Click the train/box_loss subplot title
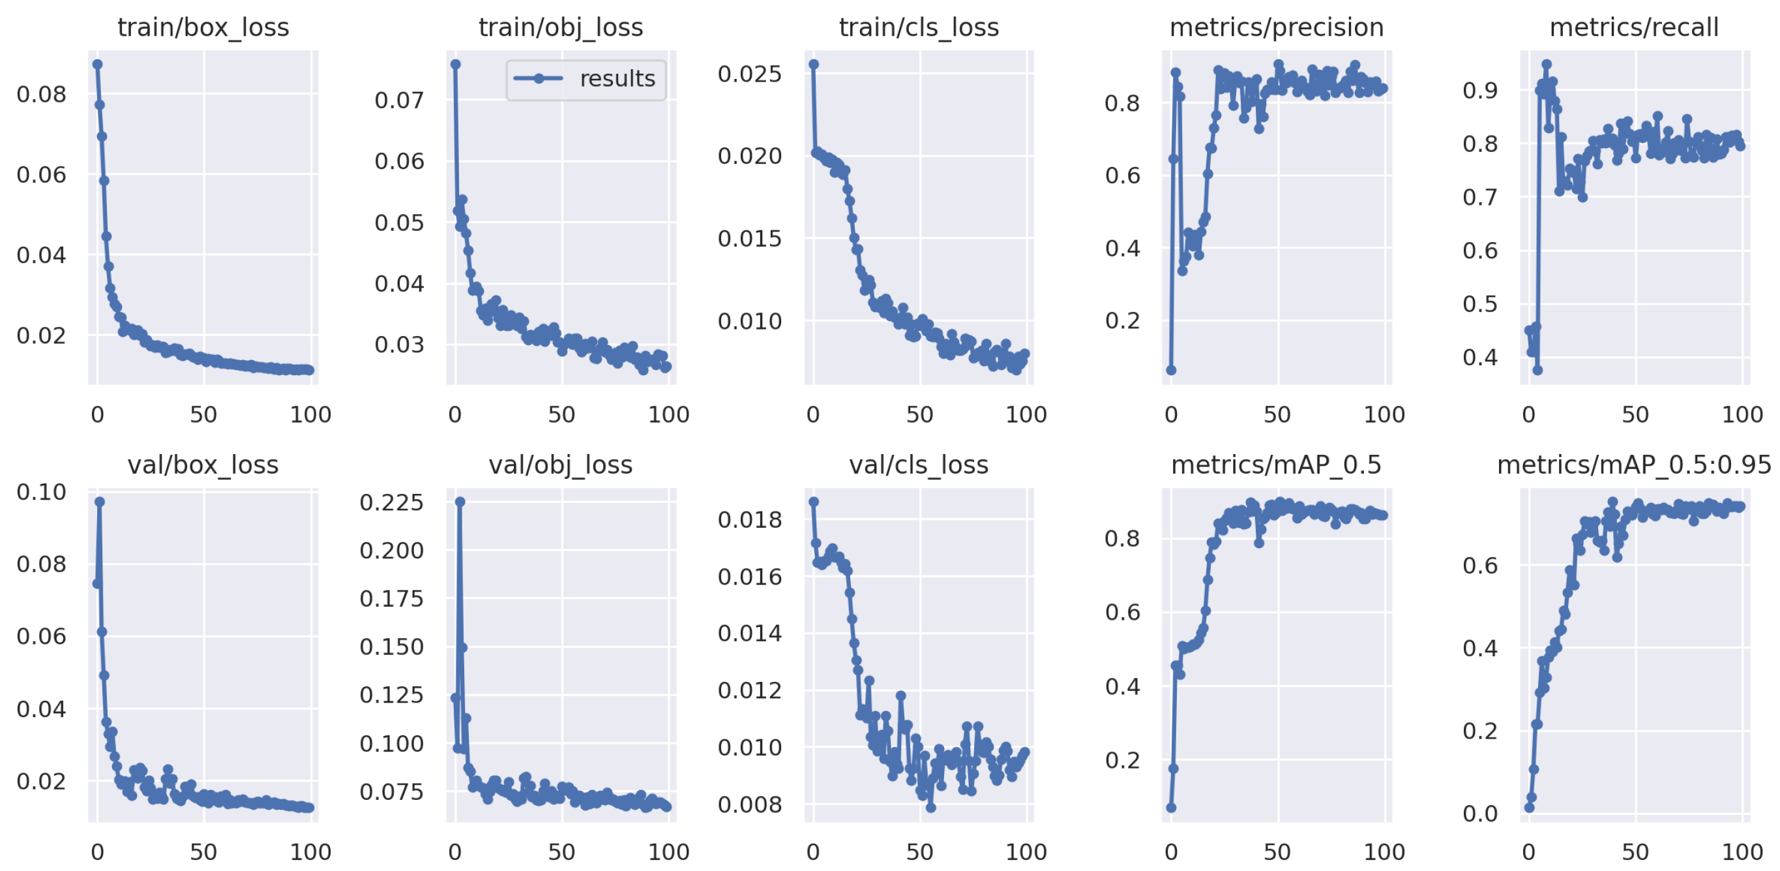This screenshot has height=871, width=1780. click(203, 27)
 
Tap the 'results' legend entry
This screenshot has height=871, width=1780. click(616, 79)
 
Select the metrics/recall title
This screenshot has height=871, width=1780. click(1633, 27)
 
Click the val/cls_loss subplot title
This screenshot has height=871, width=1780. click(918, 465)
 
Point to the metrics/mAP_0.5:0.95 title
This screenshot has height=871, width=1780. click(1633, 465)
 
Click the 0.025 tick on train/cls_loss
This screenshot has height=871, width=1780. click(749, 73)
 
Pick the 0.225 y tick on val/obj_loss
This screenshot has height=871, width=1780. click(391, 502)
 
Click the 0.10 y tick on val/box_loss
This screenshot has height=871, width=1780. click(42, 492)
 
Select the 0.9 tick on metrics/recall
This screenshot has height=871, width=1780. click(1479, 90)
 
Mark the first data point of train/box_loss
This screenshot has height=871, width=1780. click(97, 65)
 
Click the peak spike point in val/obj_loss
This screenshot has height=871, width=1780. click(460, 502)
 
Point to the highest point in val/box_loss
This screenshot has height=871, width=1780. click(100, 502)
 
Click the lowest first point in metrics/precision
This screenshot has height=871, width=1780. click(1170, 370)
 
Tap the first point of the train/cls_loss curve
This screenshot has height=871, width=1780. click(813, 65)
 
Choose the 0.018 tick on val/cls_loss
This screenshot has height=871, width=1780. click(749, 519)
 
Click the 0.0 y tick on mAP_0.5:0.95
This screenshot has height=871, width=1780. click(1479, 814)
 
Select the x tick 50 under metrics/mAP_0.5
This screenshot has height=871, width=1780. click(1277, 851)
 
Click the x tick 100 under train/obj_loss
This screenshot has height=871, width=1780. click(668, 415)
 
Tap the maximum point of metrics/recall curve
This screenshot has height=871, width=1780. click(1547, 65)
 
